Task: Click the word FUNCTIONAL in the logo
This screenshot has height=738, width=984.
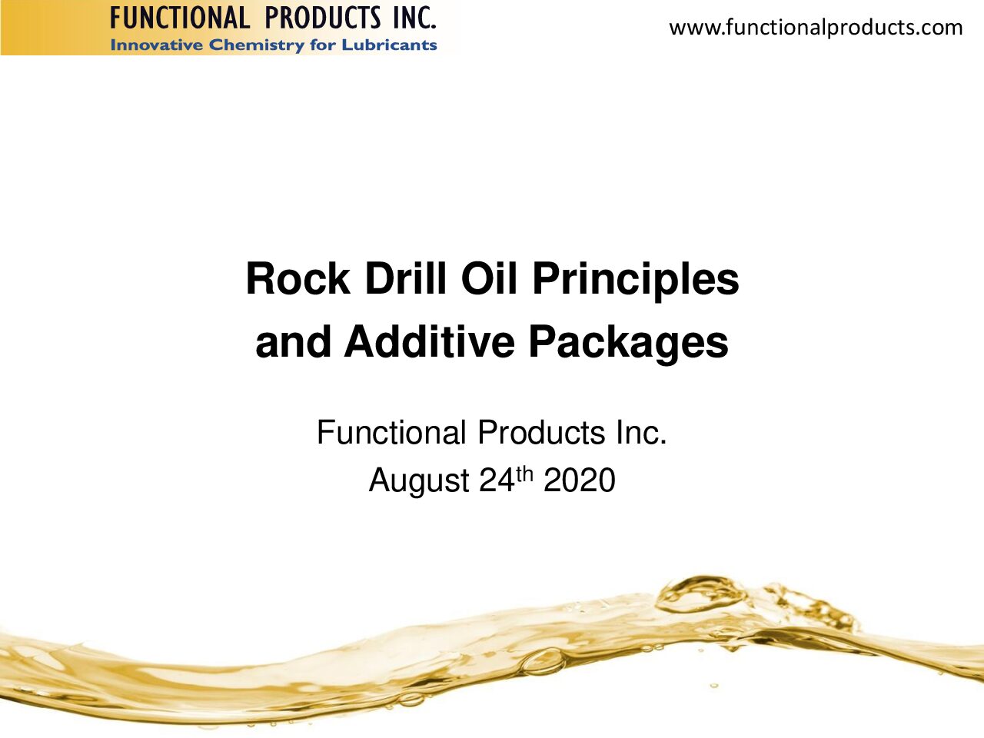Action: tap(180, 18)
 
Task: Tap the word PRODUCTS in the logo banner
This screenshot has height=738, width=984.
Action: tap(323, 18)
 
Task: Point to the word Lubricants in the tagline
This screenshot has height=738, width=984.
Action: tap(389, 45)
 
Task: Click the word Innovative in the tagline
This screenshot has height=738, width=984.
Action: tap(157, 45)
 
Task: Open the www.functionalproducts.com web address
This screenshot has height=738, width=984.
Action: tap(816, 28)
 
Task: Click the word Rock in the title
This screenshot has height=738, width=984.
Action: tap(298, 279)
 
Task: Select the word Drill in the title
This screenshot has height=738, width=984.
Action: tap(406, 279)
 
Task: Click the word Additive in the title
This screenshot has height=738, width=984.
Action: tap(429, 341)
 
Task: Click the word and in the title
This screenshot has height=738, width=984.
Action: tap(293, 341)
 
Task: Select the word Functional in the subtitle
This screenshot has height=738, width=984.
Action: tap(391, 432)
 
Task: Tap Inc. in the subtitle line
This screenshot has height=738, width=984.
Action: tap(641, 432)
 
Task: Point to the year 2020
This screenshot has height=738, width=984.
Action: tap(579, 480)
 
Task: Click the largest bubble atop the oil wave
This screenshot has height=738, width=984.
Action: tap(699, 594)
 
